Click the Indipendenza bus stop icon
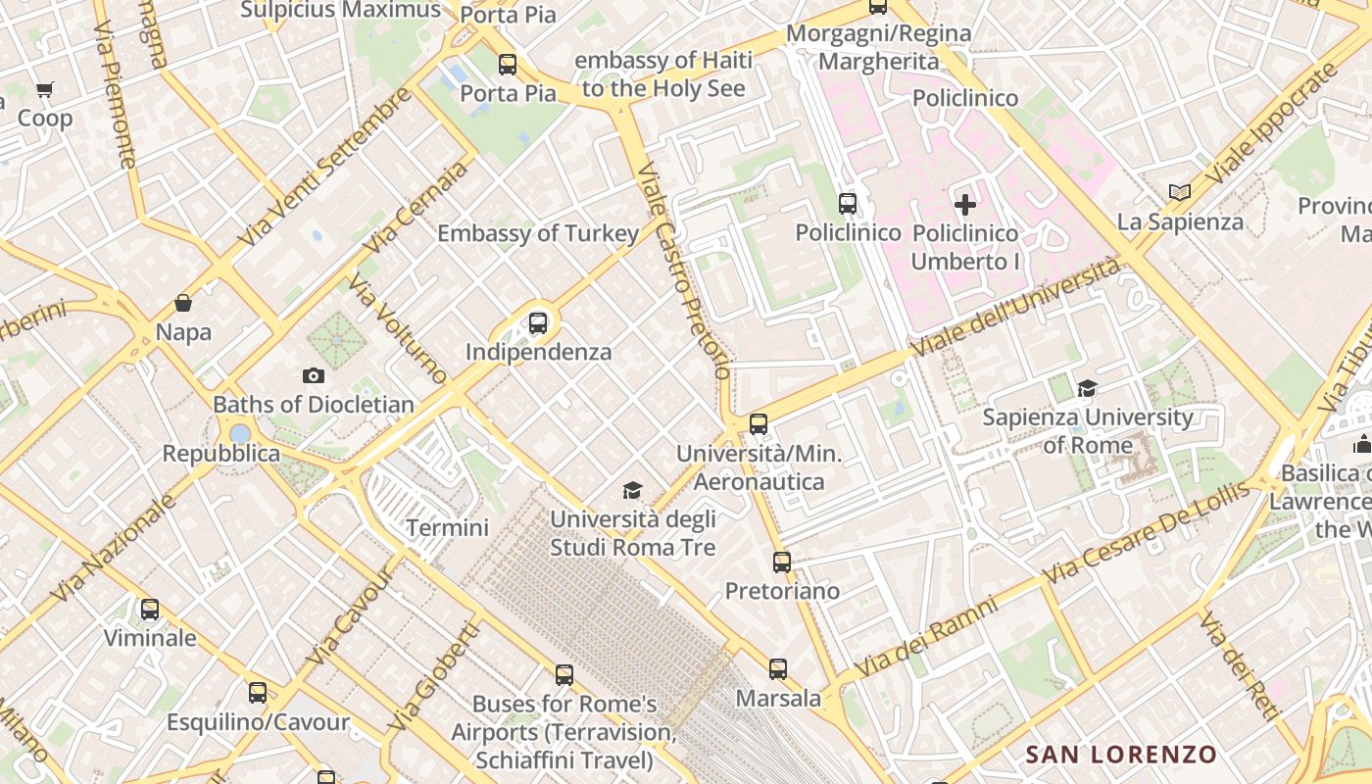pyautogui.click(x=537, y=322)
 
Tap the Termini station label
pyautogui.click(x=447, y=527)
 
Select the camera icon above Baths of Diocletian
pyautogui.click(x=314, y=375)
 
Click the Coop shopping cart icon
pyautogui.click(x=44, y=90)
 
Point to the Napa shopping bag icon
pyautogui.click(x=183, y=303)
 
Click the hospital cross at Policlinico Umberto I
pyautogui.click(x=965, y=205)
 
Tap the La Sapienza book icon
pyautogui.click(x=1180, y=193)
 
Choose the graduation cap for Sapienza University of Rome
pyautogui.click(x=1087, y=389)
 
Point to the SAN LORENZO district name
pyautogui.click(x=1120, y=755)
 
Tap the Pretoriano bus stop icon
pyautogui.click(x=781, y=563)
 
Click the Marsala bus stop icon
pyautogui.click(x=778, y=669)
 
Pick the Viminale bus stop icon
pyautogui.click(x=150, y=609)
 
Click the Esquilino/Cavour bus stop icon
pyautogui.click(x=258, y=693)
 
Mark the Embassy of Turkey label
pyautogui.click(x=538, y=233)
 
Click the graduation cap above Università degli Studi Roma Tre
pyautogui.click(x=633, y=490)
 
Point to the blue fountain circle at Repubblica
pyautogui.click(x=240, y=433)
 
